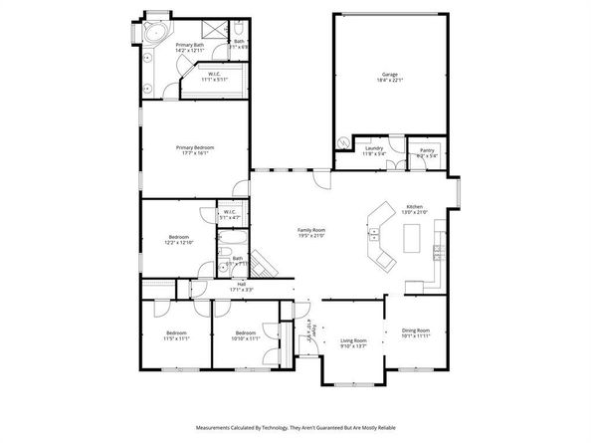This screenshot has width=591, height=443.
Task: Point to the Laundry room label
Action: [x=374, y=150]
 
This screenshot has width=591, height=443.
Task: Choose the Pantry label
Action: [x=427, y=152]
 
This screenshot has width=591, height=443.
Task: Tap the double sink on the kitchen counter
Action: [x=374, y=236]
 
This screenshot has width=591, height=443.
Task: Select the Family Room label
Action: [x=311, y=232]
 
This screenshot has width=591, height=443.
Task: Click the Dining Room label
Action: [x=415, y=332]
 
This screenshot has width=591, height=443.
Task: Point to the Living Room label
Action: [x=354, y=342]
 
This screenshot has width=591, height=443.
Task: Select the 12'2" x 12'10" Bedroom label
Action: [x=179, y=240]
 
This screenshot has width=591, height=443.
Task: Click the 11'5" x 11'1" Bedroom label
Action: [x=176, y=335]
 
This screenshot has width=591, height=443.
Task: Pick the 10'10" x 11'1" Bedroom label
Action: [x=245, y=335]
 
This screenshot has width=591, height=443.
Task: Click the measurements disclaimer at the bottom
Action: [x=295, y=424]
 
